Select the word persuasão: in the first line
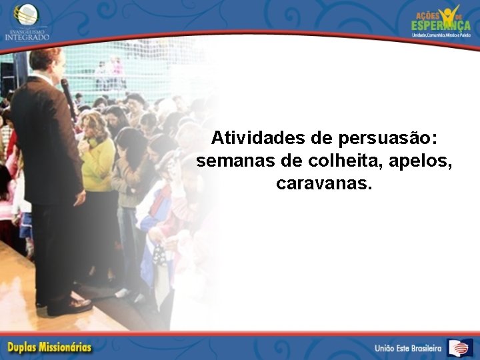pyautogui.click(x=388, y=138)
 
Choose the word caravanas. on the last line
pyautogui.click(x=324, y=183)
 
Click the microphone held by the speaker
pyautogui.click(x=67, y=93)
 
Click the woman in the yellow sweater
pyautogui.click(x=98, y=157)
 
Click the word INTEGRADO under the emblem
pyautogui.click(x=27, y=37)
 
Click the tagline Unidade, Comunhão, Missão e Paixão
pyautogui.click(x=441, y=35)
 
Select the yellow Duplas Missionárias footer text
pyautogui.click(x=50, y=347)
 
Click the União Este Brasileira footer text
pyautogui.click(x=408, y=348)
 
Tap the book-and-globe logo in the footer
pyautogui.click(x=459, y=347)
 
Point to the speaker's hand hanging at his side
pyautogui.click(x=79, y=197)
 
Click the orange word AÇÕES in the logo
pyautogui.click(x=427, y=15)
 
